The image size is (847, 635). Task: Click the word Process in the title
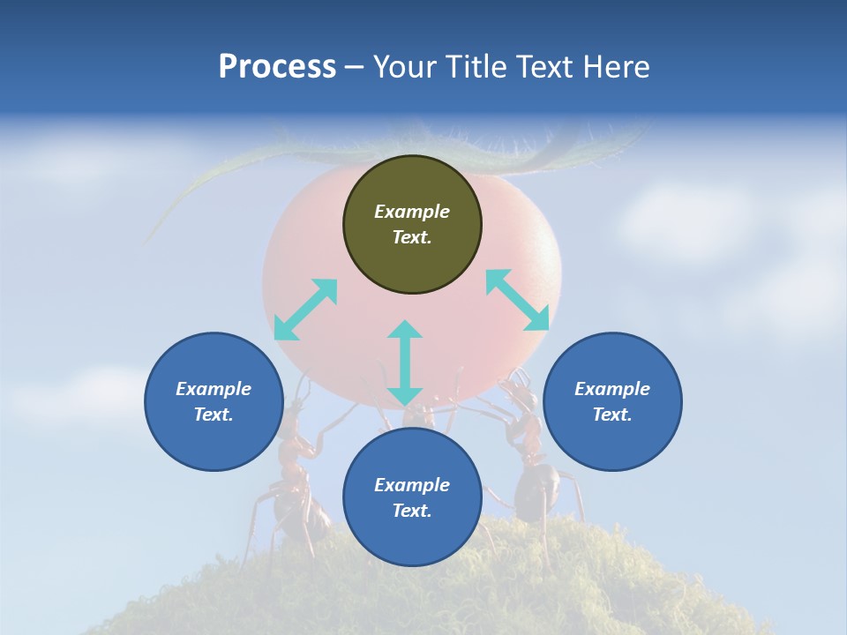coord(277,67)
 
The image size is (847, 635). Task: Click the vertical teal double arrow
coord(405,362)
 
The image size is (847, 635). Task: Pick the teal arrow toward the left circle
coord(305,310)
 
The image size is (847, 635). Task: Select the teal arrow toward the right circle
coord(518,300)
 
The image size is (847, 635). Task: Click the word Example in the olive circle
coord(412,212)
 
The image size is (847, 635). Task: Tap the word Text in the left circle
coord(214,415)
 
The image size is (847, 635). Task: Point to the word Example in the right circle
coord(612,389)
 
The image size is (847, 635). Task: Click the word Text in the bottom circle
coord(412,511)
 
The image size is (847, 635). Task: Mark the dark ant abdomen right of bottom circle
coord(536,489)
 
